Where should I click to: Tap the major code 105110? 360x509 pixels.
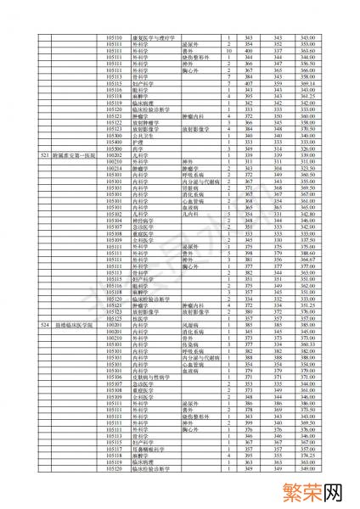[x=115, y=37]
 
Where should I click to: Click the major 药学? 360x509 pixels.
[x=137, y=149]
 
